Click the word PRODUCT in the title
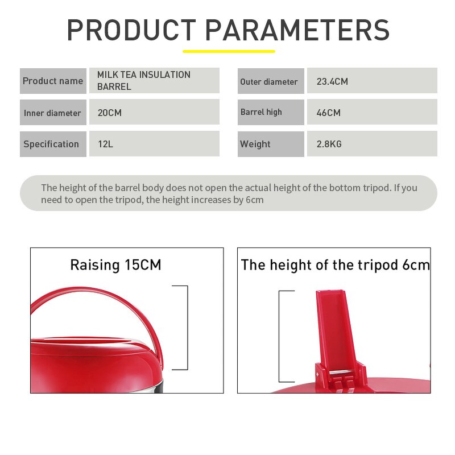point(131,30)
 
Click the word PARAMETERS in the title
point(297,30)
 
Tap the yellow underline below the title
point(229,51)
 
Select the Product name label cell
point(53,81)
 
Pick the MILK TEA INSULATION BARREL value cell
point(154,81)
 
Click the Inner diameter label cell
point(53,113)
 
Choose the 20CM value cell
point(154,113)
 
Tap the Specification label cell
point(53,144)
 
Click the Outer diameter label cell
point(270,81)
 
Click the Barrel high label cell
point(270,112)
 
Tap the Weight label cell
point(270,144)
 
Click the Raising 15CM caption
point(115,265)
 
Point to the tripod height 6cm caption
point(335,265)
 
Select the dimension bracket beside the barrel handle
point(186,328)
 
